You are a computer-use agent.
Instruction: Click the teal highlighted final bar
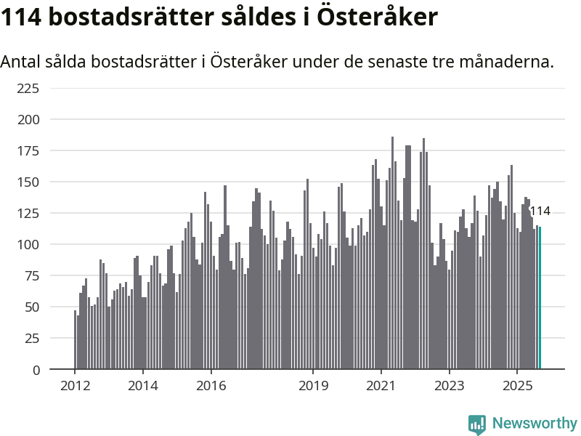(x=540, y=298)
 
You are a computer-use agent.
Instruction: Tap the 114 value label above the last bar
(x=540, y=211)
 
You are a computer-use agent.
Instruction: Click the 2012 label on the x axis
(x=75, y=386)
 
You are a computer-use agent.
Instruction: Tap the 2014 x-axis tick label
(x=143, y=386)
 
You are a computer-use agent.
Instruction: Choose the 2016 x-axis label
(x=211, y=386)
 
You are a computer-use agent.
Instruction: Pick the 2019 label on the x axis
(x=313, y=386)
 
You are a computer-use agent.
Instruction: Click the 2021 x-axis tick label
(x=381, y=386)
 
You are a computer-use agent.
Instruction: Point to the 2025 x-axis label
(x=517, y=386)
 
